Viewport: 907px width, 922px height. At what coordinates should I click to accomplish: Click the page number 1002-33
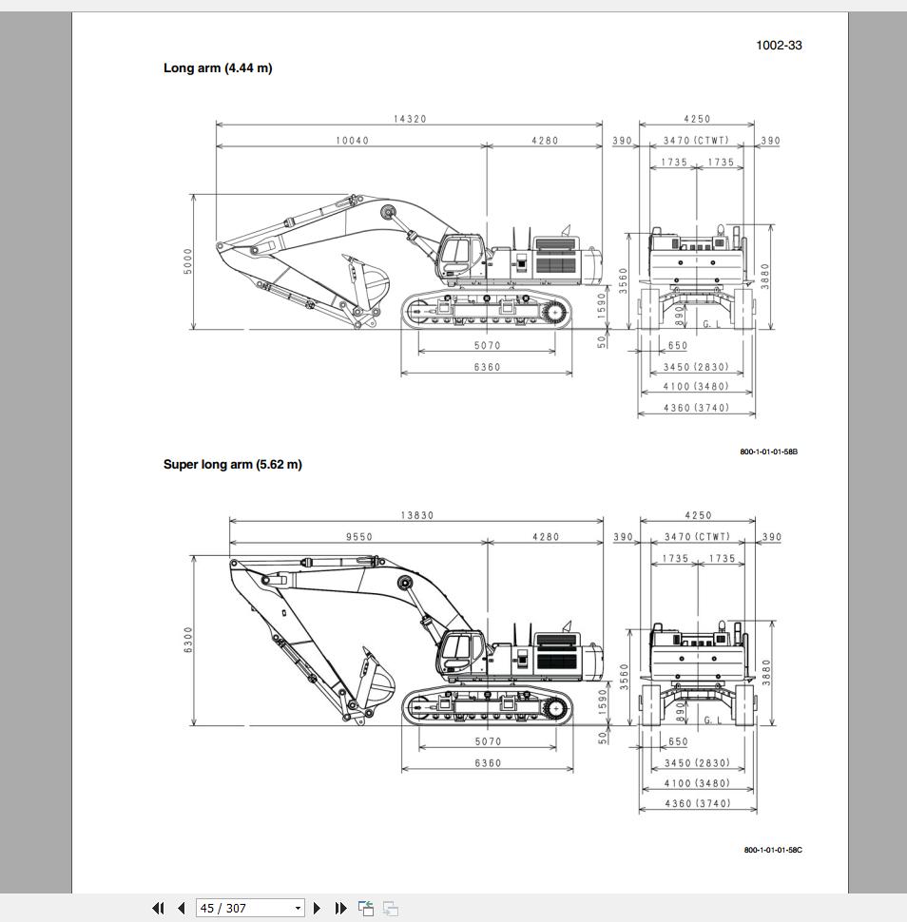(779, 46)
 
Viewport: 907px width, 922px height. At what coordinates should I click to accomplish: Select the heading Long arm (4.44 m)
(218, 68)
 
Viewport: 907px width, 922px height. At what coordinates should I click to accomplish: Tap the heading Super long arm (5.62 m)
(232, 465)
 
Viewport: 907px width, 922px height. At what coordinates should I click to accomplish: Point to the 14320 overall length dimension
(410, 119)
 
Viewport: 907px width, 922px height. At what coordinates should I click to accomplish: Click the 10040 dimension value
(352, 141)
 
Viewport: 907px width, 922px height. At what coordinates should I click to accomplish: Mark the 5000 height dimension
(188, 261)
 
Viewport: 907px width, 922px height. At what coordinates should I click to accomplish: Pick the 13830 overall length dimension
(416, 515)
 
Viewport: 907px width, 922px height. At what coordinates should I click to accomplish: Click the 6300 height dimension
(188, 639)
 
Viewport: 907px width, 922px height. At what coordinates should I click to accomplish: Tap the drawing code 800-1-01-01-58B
(768, 451)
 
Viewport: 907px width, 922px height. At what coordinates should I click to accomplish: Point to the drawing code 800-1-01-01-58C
(772, 850)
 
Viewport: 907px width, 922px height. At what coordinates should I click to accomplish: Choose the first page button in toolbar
(158, 908)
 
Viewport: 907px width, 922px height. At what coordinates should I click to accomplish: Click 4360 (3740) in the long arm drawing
(696, 408)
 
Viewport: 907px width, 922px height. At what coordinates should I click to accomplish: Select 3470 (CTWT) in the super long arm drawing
(697, 537)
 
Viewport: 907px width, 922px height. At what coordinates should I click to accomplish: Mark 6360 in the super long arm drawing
(487, 762)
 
